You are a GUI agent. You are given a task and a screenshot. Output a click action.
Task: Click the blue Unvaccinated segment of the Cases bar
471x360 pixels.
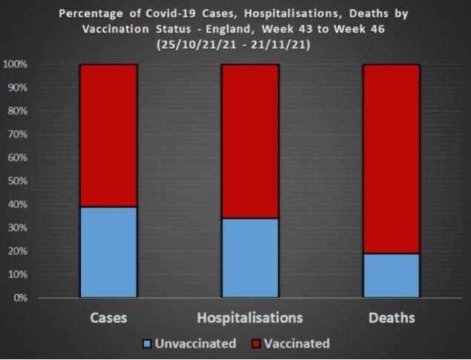[x=108, y=252]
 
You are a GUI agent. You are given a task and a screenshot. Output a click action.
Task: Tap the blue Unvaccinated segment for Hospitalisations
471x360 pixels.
[x=250, y=258]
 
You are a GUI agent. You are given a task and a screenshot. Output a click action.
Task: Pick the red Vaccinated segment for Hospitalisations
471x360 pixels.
[x=250, y=141]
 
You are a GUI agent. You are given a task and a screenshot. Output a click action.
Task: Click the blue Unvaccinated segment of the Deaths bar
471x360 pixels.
[x=392, y=275]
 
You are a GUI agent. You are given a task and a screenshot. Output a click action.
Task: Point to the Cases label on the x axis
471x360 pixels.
[x=108, y=318]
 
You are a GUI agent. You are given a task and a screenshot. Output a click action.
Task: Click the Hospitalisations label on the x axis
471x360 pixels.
[x=250, y=318]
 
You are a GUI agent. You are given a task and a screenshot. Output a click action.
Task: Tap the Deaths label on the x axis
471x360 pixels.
[x=391, y=318]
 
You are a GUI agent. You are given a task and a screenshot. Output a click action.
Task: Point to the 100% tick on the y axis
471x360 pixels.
[x=16, y=65]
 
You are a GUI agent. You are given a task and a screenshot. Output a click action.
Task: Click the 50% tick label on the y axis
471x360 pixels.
[x=19, y=181]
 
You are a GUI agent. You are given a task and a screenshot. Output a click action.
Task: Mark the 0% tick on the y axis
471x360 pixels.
[x=21, y=298]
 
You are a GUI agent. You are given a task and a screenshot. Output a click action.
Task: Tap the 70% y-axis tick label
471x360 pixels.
[x=19, y=134]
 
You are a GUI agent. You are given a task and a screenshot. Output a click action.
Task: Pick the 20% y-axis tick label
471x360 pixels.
[x=19, y=251]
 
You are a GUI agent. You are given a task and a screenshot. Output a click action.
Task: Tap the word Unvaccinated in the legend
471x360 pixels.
[x=196, y=344]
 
